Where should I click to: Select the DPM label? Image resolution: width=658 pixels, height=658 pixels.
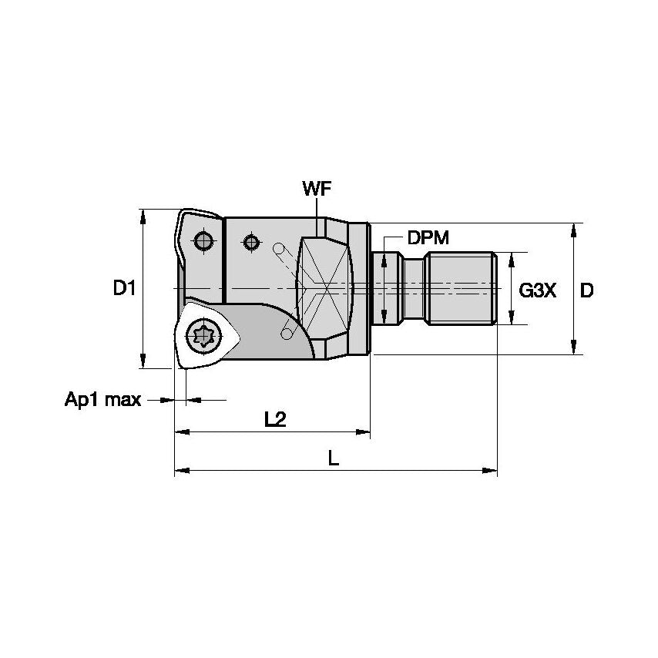tap(428, 238)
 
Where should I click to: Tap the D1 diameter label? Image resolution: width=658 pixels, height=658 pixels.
tap(124, 289)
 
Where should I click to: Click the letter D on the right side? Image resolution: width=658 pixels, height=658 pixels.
tap(587, 290)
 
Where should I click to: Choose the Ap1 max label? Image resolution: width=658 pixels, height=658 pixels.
tap(102, 400)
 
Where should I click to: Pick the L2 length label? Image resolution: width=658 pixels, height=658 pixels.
tap(275, 419)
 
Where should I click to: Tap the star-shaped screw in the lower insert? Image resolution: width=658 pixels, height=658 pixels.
tap(206, 335)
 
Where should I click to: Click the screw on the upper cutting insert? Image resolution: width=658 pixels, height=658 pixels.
tap(203, 241)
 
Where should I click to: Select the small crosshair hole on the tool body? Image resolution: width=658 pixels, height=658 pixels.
tap(250, 243)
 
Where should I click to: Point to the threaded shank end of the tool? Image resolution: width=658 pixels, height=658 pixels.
tap(462, 287)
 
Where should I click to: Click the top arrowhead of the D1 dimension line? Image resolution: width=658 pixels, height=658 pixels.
tap(143, 215)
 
